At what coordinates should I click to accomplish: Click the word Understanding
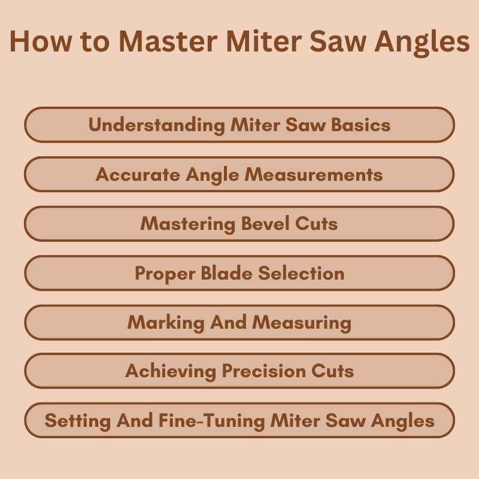(157, 125)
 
